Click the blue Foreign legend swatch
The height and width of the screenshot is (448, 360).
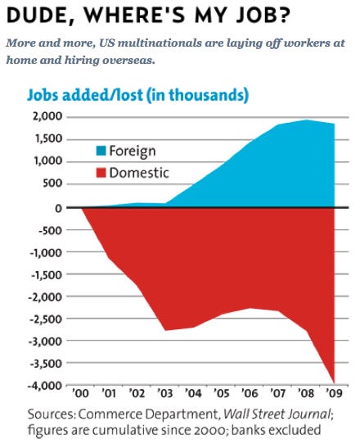point(101,151)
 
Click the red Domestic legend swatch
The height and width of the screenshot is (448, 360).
point(101,173)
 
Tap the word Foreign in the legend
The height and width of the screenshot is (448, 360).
point(133,152)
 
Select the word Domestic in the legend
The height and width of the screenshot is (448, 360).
point(139,173)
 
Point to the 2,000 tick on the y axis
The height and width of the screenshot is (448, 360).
point(47,116)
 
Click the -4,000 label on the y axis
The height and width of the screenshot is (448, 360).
point(45,386)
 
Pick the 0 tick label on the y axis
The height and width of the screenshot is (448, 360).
point(58,208)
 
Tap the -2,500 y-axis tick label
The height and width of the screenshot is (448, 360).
point(45,319)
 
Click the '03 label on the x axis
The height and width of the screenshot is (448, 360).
point(165,393)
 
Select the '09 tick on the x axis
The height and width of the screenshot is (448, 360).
point(334,393)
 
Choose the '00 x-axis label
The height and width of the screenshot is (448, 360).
point(81,393)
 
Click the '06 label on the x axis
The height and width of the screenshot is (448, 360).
point(250,393)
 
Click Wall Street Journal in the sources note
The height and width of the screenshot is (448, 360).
point(277,414)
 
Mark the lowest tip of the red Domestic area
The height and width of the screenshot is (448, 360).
point(334,383)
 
